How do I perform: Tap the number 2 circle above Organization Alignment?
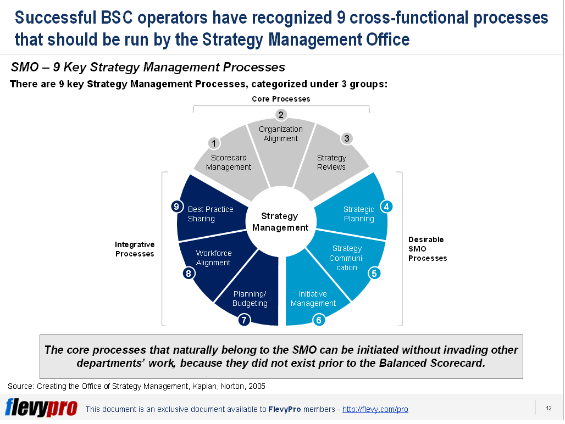click(281, 115)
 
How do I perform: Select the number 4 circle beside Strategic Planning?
click(386, 207)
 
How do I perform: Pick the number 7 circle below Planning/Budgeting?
click(245, 320)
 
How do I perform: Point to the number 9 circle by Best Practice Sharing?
click(176, 207)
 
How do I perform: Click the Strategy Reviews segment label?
click(331, 163)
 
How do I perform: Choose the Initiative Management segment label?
click(313, 299)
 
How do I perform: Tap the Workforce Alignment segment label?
click(214, 258)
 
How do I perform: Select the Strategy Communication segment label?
click(347, 258)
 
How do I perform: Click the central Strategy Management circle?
click(280, 222)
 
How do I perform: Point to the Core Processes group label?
click(281, 99)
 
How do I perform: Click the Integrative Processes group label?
click(135, 249)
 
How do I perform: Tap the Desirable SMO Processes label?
click(427, 249)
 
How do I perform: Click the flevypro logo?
click(41, 408)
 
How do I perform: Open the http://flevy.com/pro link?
click(375, 410)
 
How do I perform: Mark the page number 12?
click(549, 408)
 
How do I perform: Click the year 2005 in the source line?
click(256, 386)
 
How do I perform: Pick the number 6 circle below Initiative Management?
click(319, 319)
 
